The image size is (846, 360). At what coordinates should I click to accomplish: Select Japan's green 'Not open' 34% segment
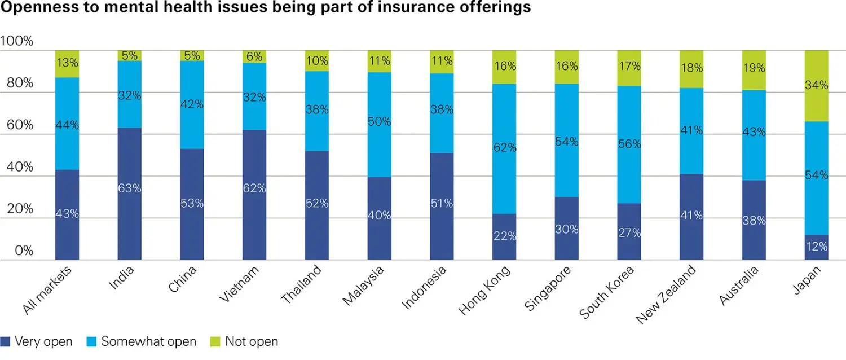[x=817, y=86]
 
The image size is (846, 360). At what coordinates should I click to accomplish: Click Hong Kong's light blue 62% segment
[x=504, y=148]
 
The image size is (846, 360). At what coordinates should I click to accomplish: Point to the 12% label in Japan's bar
[x=817, y=247]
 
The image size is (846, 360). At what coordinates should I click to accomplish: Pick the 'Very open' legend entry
[x=37, y=341]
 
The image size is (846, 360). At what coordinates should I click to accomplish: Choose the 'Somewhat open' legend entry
[x=142, y=341]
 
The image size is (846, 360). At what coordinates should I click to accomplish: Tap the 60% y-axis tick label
[x=20, y=125]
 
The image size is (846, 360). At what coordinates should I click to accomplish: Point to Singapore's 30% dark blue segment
[x=567, y=229]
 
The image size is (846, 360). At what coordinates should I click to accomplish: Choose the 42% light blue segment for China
[x=192, y=104]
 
